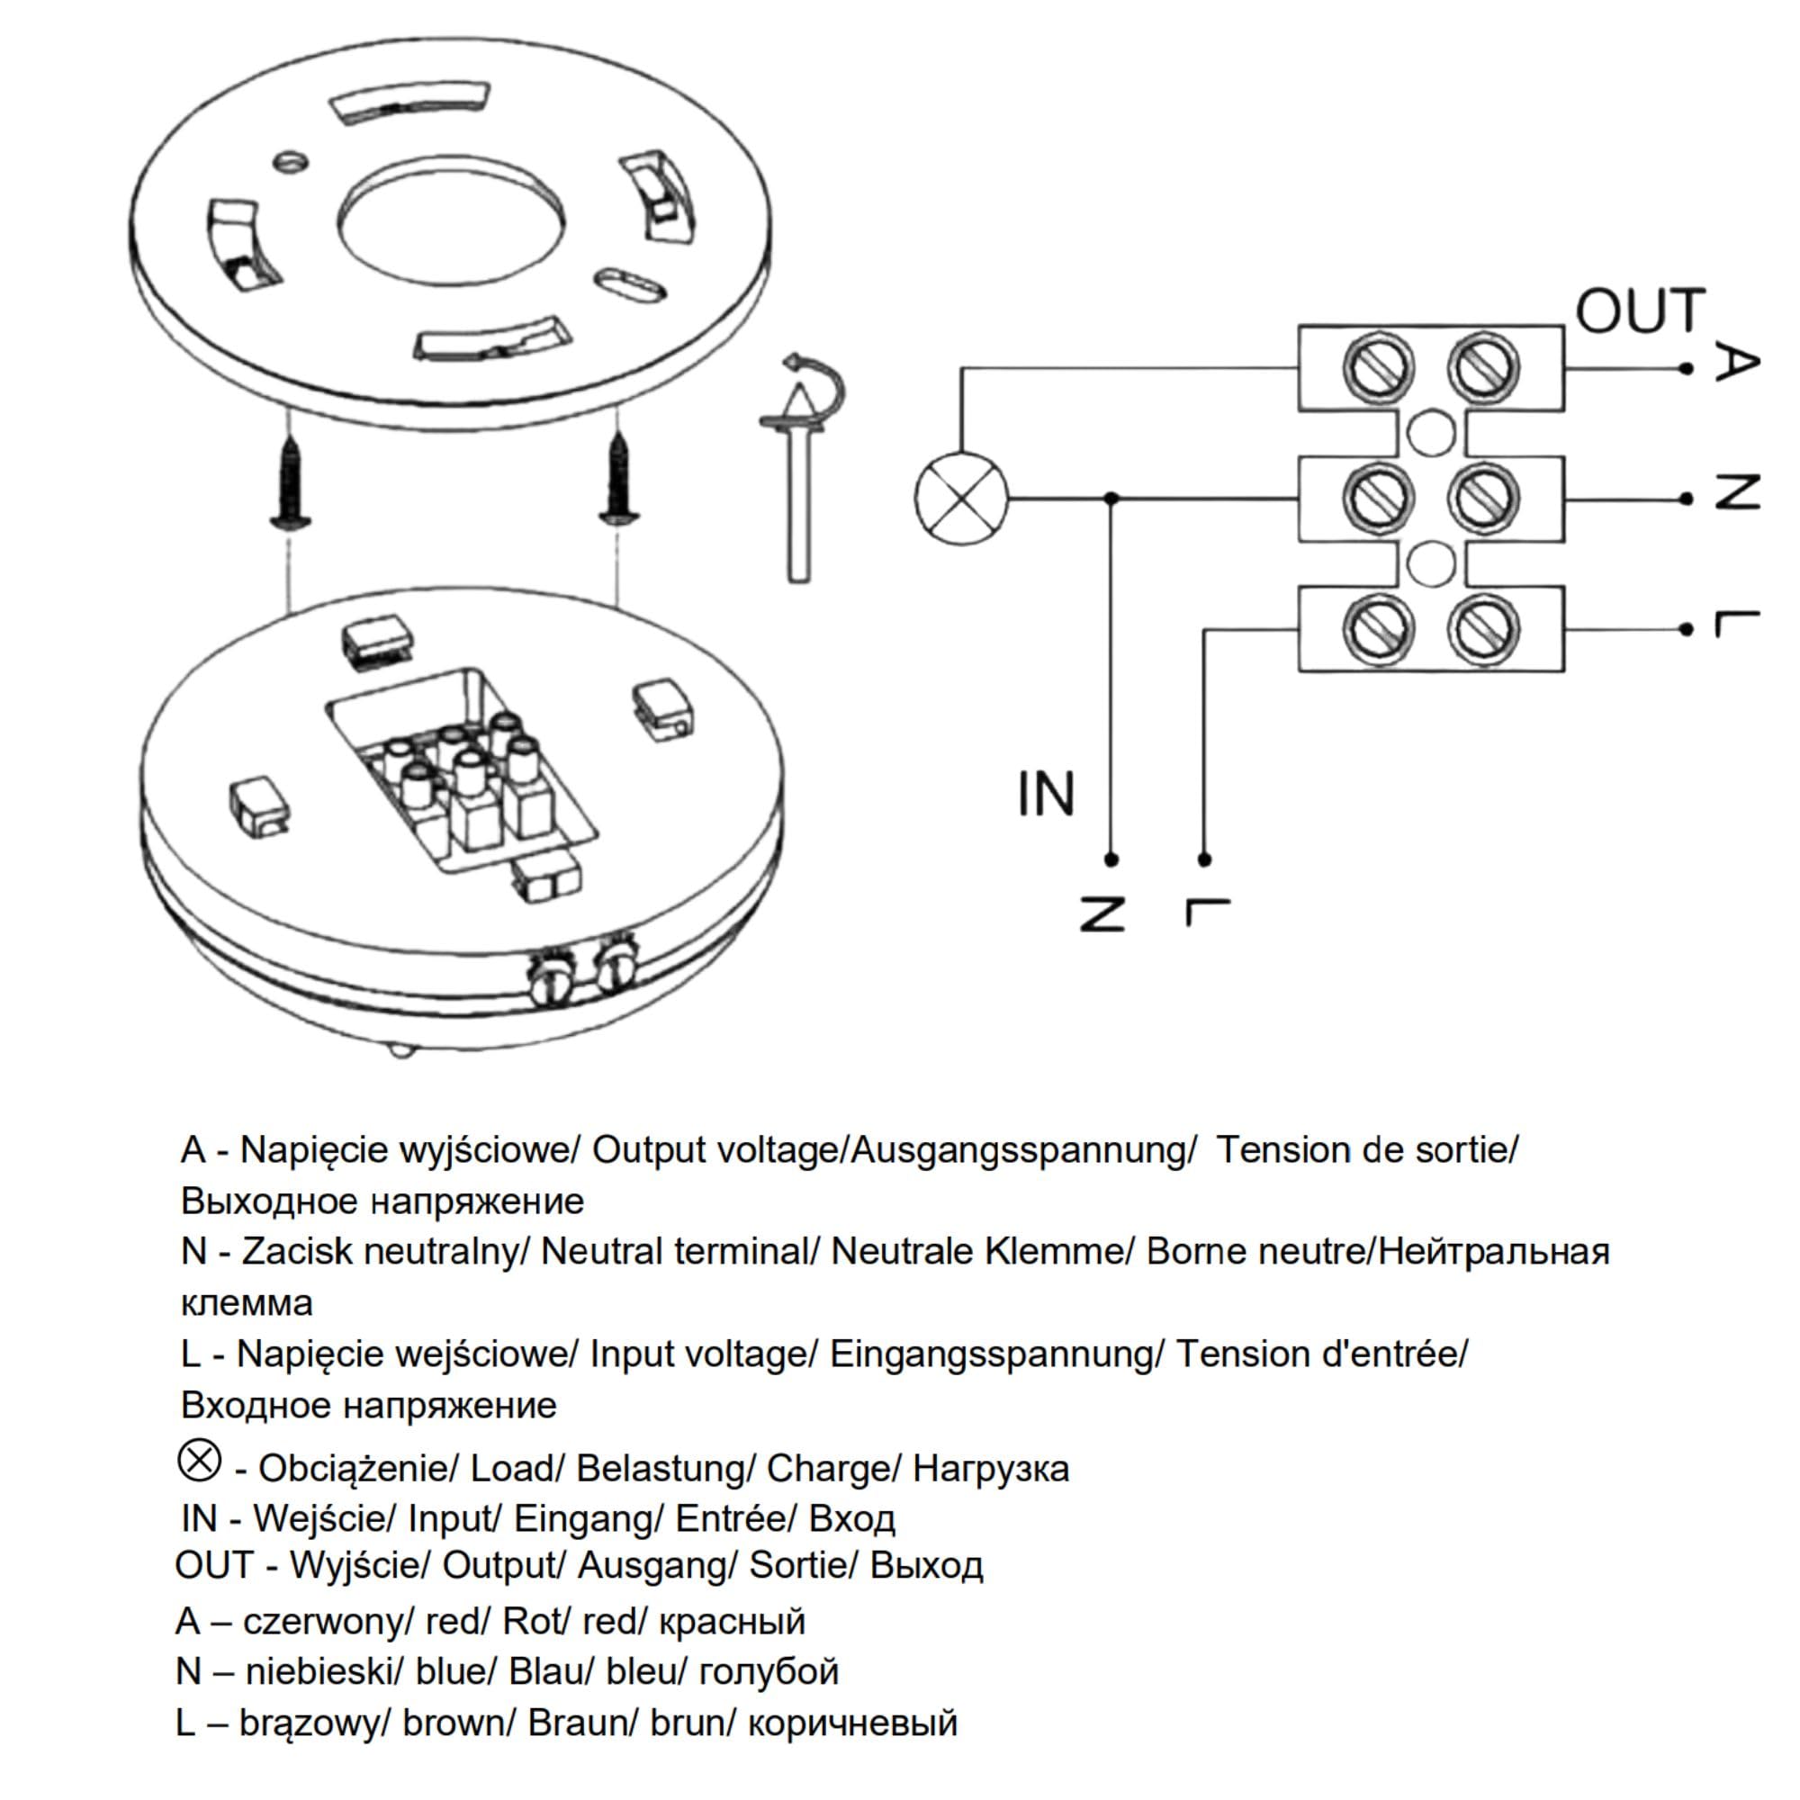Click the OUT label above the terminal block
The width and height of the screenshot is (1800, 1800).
pos(1640,311)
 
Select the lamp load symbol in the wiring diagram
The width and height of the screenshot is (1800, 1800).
pos(961,499)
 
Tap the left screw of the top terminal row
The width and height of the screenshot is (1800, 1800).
pos(1379,367)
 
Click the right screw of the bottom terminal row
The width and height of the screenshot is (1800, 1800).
pos(1483,629)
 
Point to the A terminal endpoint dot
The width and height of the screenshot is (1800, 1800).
pos(1686,369)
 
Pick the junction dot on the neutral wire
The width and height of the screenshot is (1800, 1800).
pos(1111,499)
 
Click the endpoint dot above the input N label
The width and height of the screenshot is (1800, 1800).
pos(1111,859)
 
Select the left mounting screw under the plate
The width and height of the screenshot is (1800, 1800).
pos(291,481)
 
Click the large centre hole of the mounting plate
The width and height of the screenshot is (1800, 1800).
pos(451,223)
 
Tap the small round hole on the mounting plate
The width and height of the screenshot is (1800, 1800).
pos(292,161)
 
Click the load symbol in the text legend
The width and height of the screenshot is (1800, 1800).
pos(200,1460)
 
